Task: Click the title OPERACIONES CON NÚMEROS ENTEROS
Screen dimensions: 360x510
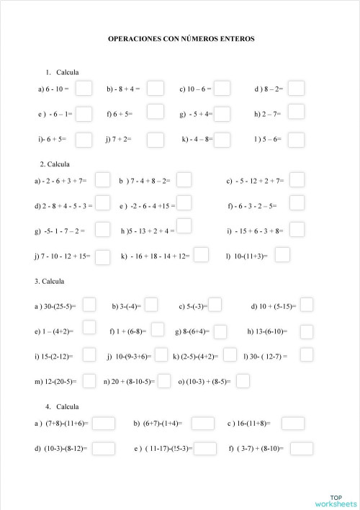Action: point(181,39)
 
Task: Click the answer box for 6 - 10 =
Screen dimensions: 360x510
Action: point(84,89)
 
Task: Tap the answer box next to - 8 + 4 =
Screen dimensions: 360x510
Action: point(156,89)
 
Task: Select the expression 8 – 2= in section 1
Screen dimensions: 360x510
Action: point(269,90)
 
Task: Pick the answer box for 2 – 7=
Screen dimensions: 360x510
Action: point(296,114)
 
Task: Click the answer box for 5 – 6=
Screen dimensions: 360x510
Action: point(296,138)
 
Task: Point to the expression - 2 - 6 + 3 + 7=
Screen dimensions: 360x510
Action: point(60,181)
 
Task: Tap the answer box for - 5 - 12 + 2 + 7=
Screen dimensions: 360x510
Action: point(296,179)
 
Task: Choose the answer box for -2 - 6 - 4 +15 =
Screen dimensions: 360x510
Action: point(184,204)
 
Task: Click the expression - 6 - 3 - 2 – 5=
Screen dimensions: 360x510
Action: point(252,206)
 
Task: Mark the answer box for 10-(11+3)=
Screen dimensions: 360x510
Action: point(282,254)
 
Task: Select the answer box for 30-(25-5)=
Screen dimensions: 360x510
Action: point(89,305)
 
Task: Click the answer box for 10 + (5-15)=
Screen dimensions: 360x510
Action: point(307,305)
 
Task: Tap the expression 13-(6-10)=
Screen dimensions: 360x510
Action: point(267,332)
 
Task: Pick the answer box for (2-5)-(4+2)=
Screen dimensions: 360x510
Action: point(230,354)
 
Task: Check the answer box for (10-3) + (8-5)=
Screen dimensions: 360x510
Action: point(243,380)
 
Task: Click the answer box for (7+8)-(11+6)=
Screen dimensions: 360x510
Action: point(104,423)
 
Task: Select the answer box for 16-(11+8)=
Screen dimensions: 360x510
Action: point(293,423)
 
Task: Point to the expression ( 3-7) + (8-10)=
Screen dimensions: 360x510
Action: point(256,449)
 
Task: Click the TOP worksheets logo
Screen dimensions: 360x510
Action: point(335,500)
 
